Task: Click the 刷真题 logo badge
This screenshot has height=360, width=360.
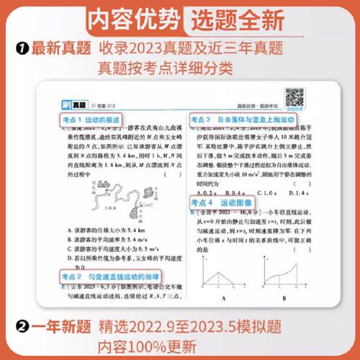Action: (x=68, y=105)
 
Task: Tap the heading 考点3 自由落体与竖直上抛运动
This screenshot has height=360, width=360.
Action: (x=246, y=119)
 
